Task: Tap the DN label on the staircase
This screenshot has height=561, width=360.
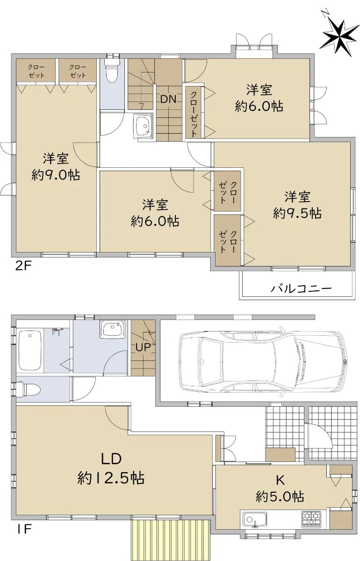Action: tap(168, 100)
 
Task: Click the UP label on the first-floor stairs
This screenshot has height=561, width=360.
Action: tap(143, 347)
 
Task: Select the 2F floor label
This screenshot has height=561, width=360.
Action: tap(23, 266)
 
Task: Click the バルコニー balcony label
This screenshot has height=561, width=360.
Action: tap(301, 289)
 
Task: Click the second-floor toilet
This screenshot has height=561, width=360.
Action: tap(112, 70)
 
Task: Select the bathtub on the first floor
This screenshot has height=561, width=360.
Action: tap(30, 351)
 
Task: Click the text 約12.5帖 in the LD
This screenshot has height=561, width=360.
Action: tap(111, 478)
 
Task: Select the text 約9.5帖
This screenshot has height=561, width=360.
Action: tap(297, 213)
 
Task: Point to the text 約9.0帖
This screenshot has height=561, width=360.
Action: tap(56, 175)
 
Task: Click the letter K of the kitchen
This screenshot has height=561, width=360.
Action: tap(280, 480)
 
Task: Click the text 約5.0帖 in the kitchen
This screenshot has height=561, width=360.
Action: tap(280, 496)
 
